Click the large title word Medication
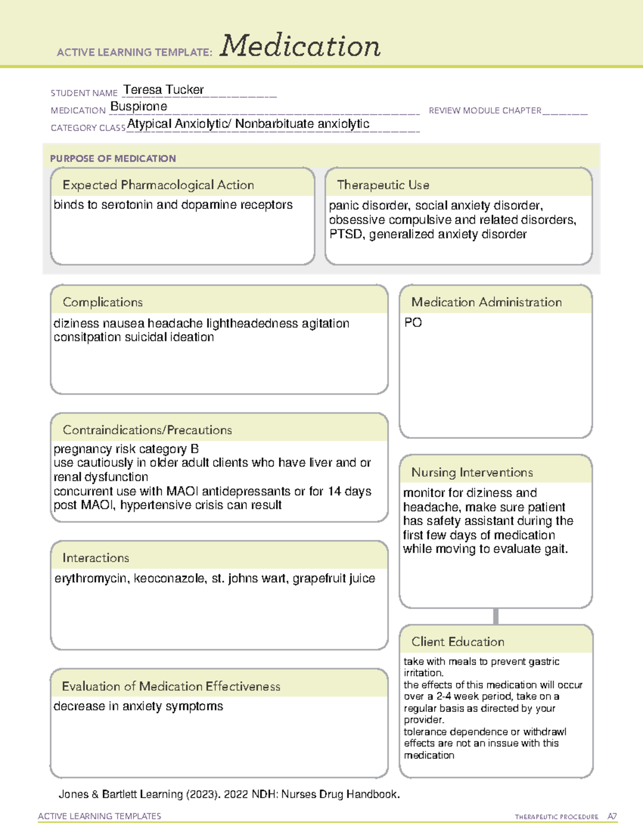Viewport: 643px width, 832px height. [300, 46]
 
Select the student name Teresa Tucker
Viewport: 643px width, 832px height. [163, 89]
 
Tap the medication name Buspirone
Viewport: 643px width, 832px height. [139, 107]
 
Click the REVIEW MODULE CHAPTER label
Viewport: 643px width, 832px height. [485, 110]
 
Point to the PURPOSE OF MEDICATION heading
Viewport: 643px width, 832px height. [113, 159]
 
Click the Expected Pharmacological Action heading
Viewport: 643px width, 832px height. [158, 185]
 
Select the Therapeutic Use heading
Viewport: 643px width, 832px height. [383, 185]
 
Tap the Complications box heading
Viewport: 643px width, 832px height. [103, 302]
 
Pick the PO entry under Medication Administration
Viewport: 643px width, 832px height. [413, 323]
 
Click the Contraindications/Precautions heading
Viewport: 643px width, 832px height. [147, 430]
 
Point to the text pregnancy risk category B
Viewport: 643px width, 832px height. [126, 449]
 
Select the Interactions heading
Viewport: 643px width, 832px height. [96, 558]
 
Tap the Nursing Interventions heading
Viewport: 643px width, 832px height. [472, 472]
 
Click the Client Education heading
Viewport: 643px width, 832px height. [458, 641]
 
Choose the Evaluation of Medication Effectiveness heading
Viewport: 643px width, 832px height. [171, 686]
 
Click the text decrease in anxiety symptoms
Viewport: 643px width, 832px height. [138, 707]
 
